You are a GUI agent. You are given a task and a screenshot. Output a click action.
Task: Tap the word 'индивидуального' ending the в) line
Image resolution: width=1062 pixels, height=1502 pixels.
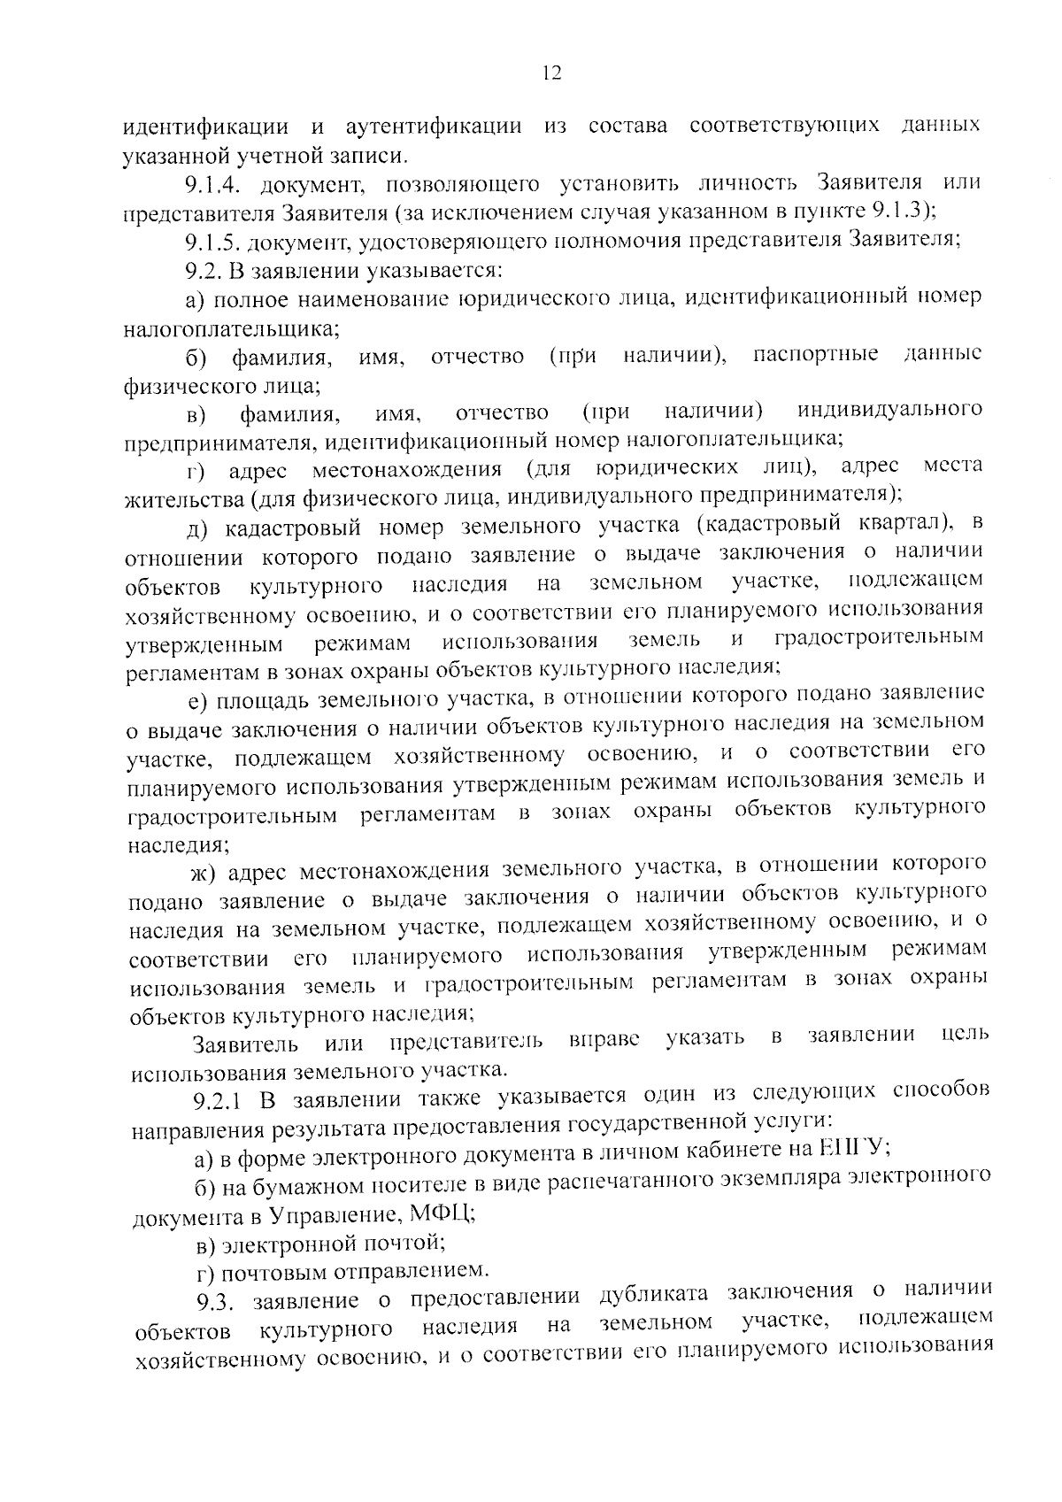890,410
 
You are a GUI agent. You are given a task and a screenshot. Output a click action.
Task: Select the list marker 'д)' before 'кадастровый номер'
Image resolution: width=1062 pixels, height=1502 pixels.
201,529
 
